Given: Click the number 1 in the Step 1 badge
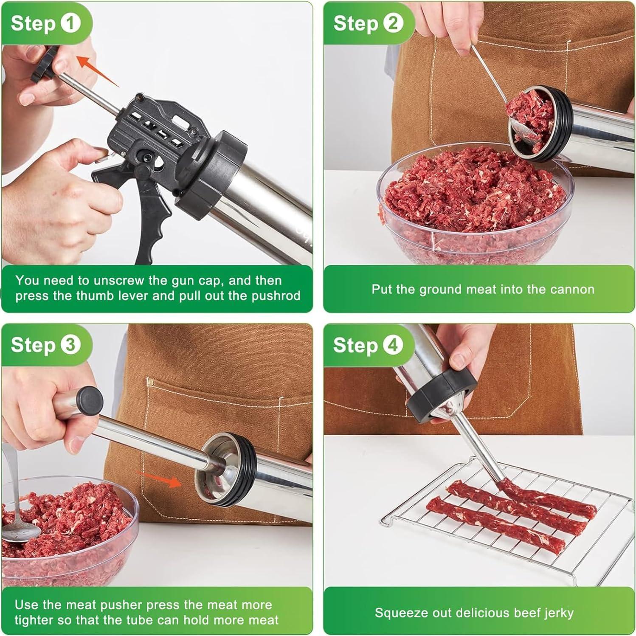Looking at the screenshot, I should [70, 23].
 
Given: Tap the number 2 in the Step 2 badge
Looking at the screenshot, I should [393, 23].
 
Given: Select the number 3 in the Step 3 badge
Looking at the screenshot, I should [70, 344].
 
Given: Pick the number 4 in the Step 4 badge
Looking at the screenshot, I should [393, 344].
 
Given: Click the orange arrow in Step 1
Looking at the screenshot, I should [97, 70].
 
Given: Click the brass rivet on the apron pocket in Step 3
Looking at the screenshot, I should [149, 381].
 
